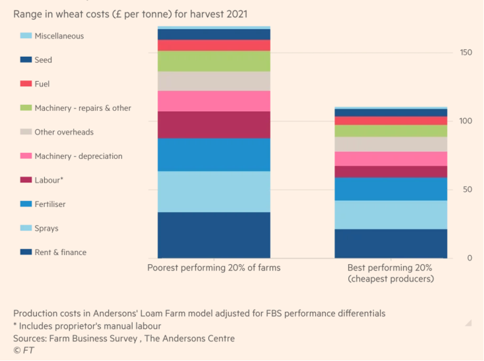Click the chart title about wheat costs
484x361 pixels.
[x=130, y=14]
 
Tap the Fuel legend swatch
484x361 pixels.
[x=26, y=84]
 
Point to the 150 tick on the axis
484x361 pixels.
[x=465, y=52]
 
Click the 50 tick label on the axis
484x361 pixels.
[x=467, y=190]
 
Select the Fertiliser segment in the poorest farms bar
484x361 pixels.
[x=213, y=155]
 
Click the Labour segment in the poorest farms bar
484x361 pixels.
[x=213, y=124]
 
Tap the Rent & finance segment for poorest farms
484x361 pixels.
[x=213, y=235]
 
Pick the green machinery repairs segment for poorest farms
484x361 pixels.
[x=213, y=61]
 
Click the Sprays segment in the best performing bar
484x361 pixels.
[x=390, y=214]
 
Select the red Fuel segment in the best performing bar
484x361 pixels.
[x=390, y=121]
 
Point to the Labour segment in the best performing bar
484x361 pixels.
[x=390, y=172]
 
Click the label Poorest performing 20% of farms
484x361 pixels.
[x=213, y=268]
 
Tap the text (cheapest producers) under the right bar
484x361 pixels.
[x=390, y=279]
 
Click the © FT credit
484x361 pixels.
[x=24, y=350]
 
